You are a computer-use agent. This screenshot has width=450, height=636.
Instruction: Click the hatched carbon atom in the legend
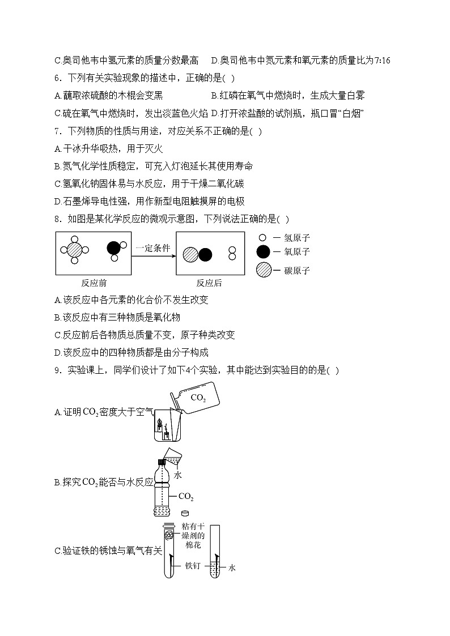[264, 271]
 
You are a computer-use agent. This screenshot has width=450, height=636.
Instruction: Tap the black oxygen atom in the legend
[264, 252]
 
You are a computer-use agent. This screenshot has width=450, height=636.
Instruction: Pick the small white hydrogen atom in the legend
[262, 238]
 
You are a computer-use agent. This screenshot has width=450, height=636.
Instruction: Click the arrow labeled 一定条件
[153, 255]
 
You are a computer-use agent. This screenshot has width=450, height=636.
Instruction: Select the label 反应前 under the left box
[95, 283]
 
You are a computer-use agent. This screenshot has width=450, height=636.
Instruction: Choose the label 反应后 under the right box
[209, 283]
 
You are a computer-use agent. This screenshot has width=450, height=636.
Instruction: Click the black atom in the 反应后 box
[205, 255]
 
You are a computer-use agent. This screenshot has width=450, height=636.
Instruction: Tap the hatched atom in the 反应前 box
[75, 249]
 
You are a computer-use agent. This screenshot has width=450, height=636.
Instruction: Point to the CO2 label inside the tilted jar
[198, 398]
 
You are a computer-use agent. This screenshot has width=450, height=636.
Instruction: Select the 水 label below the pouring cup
[177, 475]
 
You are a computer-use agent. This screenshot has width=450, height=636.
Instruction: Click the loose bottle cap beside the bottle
[185, 513]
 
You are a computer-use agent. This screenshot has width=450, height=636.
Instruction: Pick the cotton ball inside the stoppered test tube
[169, 535]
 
